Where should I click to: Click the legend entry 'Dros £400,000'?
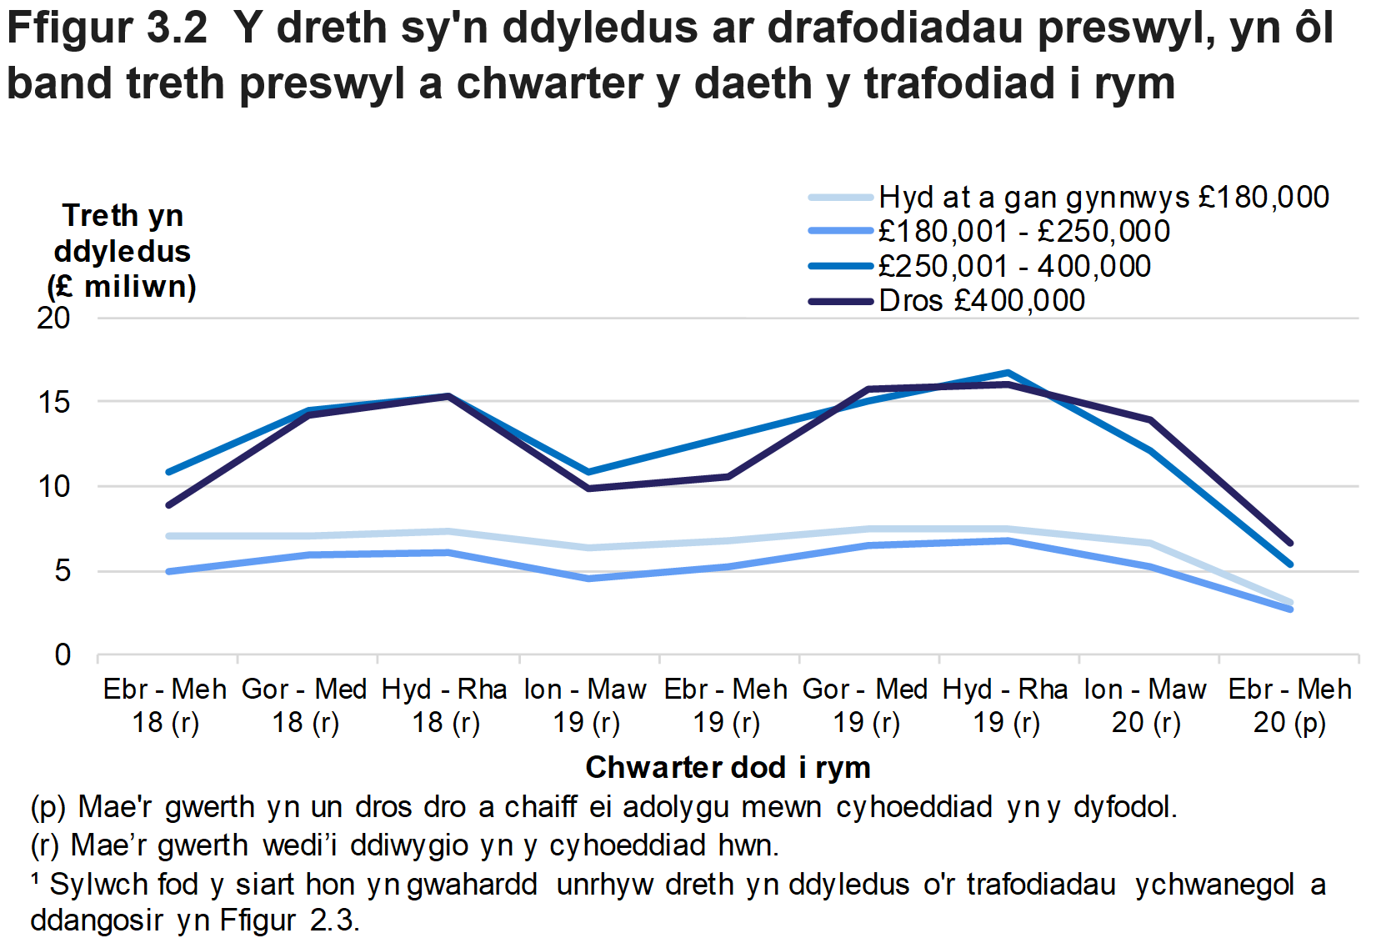pos(981,301)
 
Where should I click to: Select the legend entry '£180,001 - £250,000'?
pos(1023,232)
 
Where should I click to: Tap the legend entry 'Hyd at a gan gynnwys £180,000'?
pos(1103,198)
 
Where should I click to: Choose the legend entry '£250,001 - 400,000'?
pos(1013,267)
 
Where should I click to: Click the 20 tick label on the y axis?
pos(54,318)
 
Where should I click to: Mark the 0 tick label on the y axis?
pos(63,655)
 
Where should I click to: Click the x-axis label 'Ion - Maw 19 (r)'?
pos(586,705)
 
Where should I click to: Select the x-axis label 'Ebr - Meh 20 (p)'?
pos(1289,705)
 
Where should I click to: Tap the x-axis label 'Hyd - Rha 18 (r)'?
pos(445,705)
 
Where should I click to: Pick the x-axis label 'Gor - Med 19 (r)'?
pos(866,705)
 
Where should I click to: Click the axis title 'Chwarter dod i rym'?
pos(728,767)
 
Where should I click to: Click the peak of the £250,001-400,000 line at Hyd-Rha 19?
pos(1008,373)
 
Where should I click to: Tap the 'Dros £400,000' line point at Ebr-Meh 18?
pos(169,505)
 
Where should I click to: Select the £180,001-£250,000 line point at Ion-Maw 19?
pos(588,578)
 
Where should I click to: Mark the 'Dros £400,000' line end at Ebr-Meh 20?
pos(1290,543)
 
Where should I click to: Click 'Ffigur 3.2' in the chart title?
pos(107,28)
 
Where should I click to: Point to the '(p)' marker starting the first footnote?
pos(48,808)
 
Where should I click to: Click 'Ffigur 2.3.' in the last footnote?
pos(289,920)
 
